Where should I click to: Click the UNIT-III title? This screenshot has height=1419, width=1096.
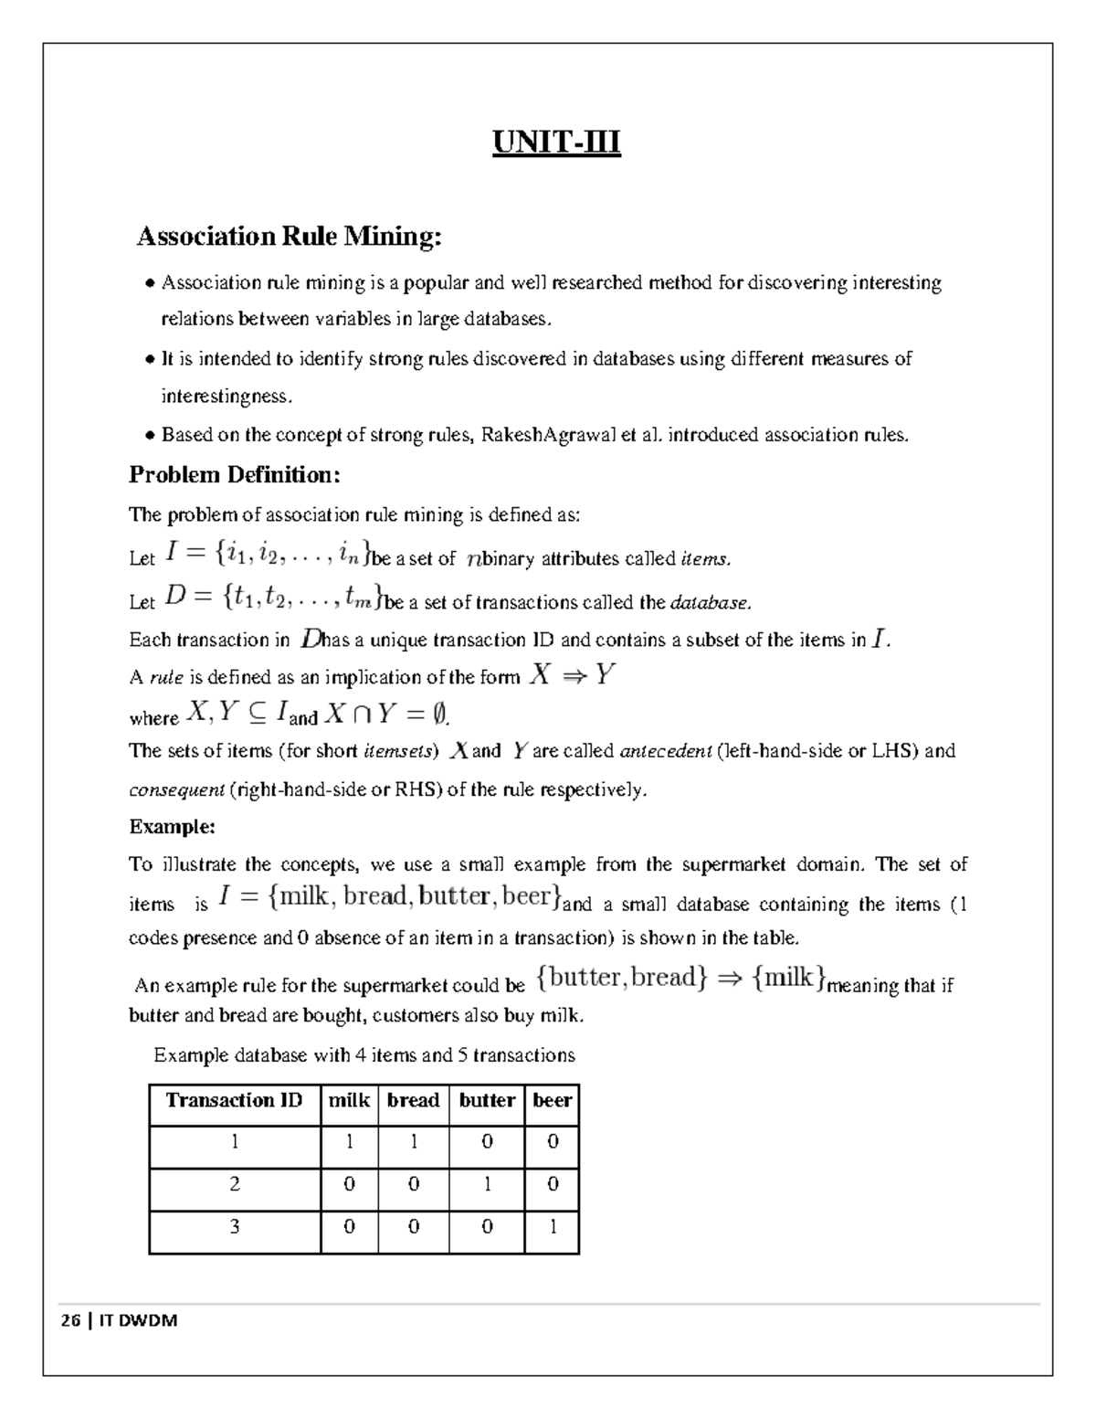556,143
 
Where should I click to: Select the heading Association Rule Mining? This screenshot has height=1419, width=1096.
289,237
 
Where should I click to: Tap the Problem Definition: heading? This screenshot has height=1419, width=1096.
234,474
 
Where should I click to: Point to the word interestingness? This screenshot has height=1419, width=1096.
227,397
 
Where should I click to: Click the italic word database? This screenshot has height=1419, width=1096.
711,603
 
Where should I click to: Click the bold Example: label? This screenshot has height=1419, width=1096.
172,827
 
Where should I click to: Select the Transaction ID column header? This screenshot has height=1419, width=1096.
234,1100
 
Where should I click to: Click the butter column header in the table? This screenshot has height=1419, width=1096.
487,1100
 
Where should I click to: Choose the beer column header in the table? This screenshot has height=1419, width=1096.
552,1100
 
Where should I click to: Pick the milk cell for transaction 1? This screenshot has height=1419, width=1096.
349,1142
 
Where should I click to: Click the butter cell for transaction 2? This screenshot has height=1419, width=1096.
487,1184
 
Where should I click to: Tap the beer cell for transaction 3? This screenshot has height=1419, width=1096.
552,1227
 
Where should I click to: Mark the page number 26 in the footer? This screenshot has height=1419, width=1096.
69,1320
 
